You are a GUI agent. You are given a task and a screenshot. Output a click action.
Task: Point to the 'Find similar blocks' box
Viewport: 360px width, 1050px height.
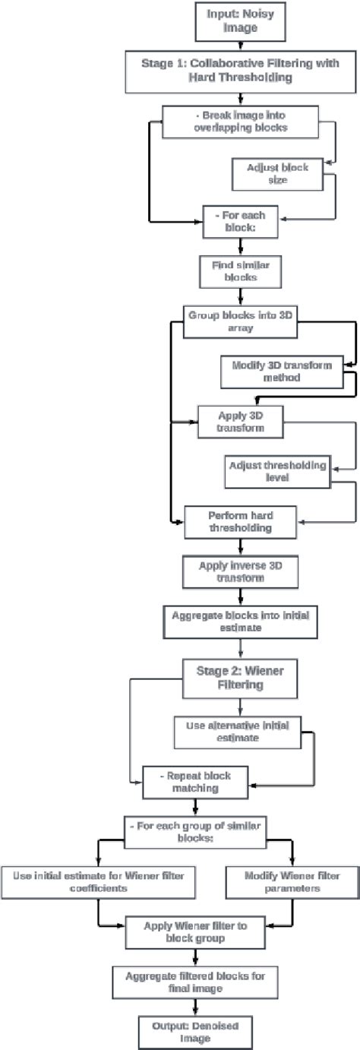pyautogui.click(x=240, y=270)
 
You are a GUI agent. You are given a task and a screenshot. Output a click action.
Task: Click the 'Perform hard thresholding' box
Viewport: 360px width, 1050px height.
pyautogui.click(x=240, y=522)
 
